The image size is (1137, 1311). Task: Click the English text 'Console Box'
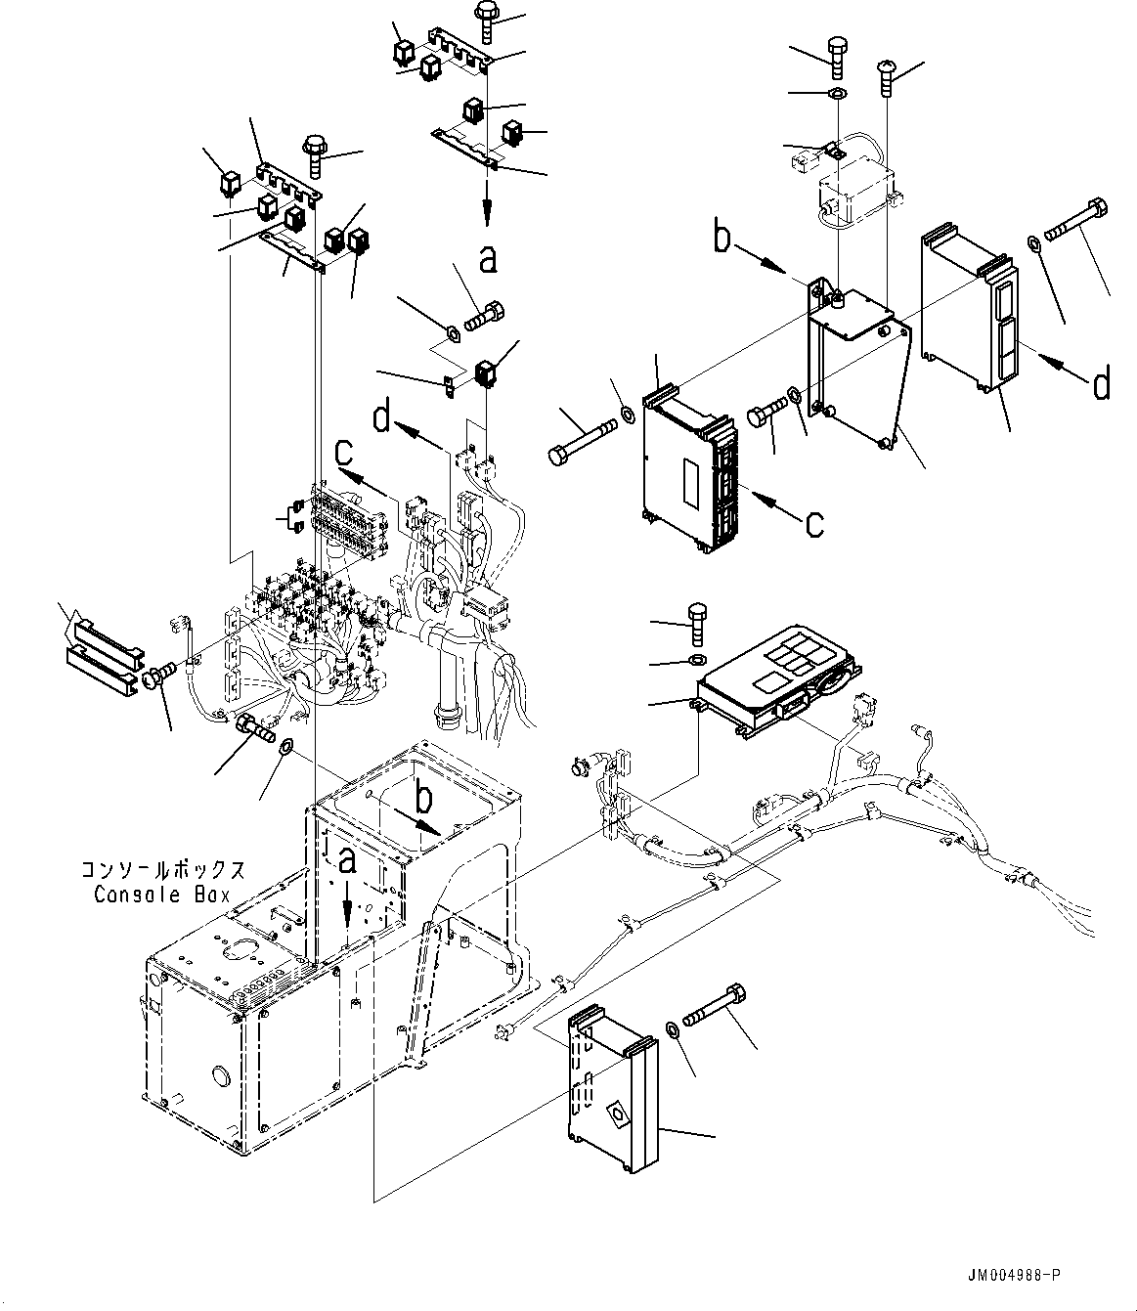161,895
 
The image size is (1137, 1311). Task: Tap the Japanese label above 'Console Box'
162,870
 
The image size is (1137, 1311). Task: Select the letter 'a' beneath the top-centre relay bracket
488,259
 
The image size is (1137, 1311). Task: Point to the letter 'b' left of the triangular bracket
722,238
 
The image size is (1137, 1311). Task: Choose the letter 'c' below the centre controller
814,525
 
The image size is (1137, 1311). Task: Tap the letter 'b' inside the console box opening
424,799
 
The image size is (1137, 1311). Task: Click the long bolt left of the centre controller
582,442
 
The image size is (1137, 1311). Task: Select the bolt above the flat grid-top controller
698,623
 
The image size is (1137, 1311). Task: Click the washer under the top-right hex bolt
837,94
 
